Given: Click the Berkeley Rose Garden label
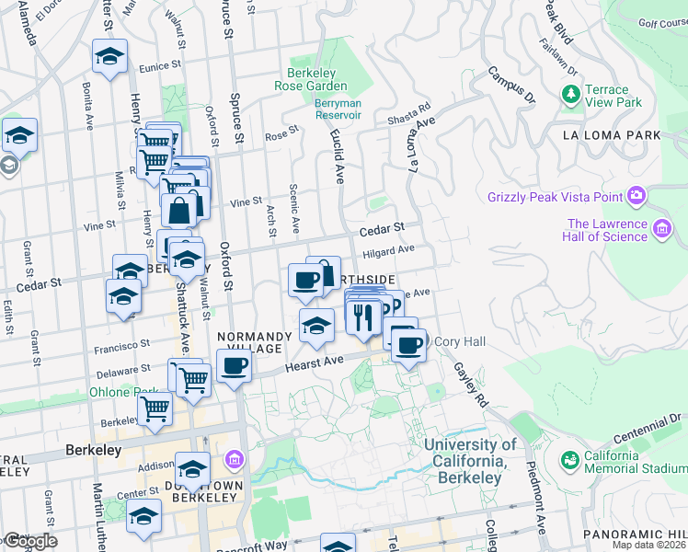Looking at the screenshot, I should click(311, 78).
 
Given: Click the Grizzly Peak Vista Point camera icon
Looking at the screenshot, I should click(636, 195).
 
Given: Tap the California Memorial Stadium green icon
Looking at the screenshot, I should click(570, 458).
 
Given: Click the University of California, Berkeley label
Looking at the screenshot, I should click(471, 461).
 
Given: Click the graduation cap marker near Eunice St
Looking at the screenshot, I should click(109, 57).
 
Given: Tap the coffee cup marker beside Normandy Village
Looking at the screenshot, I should click(234, 366).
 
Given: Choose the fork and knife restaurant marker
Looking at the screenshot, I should click(361, 316).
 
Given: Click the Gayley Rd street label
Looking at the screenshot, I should click(469, 384).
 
